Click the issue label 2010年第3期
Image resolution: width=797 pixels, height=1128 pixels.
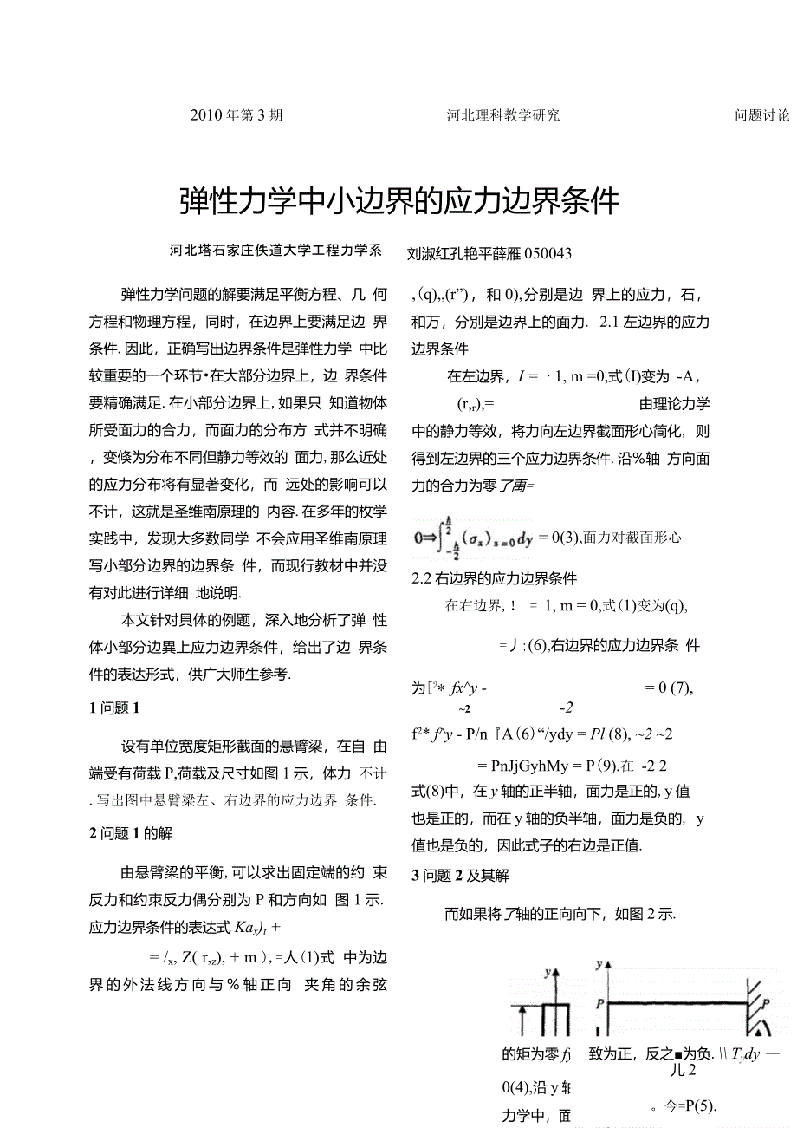[x=236, y=114]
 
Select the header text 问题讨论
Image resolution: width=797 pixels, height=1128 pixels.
[x=761, y=114]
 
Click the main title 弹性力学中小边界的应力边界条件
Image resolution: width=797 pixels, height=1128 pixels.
[x=399, y=200]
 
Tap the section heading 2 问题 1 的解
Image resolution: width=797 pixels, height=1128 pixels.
[x=130, y=833]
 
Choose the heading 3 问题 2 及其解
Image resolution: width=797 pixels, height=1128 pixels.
[x=460, y=876]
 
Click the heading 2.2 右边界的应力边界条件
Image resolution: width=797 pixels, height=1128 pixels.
[x=494, y=578]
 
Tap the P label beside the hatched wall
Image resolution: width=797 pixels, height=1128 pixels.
[x=765, y=1003]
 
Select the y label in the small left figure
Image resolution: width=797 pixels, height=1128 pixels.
[x=548, y=973]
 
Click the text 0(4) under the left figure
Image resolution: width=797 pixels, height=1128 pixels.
[x=516, y=1086]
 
